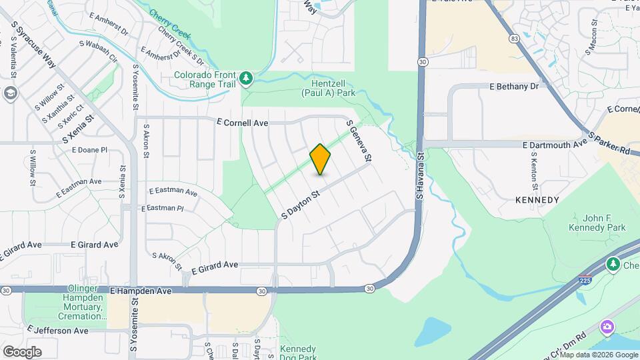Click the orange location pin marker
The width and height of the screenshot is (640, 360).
click(321, 159)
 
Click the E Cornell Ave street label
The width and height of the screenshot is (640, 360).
click(242, 123)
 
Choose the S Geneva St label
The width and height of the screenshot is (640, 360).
click(357, 141)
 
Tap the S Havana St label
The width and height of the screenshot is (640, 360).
click(420, 177)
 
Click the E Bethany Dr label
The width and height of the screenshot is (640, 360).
click(513, 87)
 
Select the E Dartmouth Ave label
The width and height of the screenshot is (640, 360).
click(555, 144)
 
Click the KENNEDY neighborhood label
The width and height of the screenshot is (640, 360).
click(537, 199)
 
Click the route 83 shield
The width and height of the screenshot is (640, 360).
click(514, 39)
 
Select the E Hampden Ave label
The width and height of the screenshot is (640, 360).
click(141, 291)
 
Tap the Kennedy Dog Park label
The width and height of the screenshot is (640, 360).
click(297, 353)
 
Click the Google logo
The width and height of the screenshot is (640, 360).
click(22, 352)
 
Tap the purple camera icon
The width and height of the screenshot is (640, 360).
click(607, 327)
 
